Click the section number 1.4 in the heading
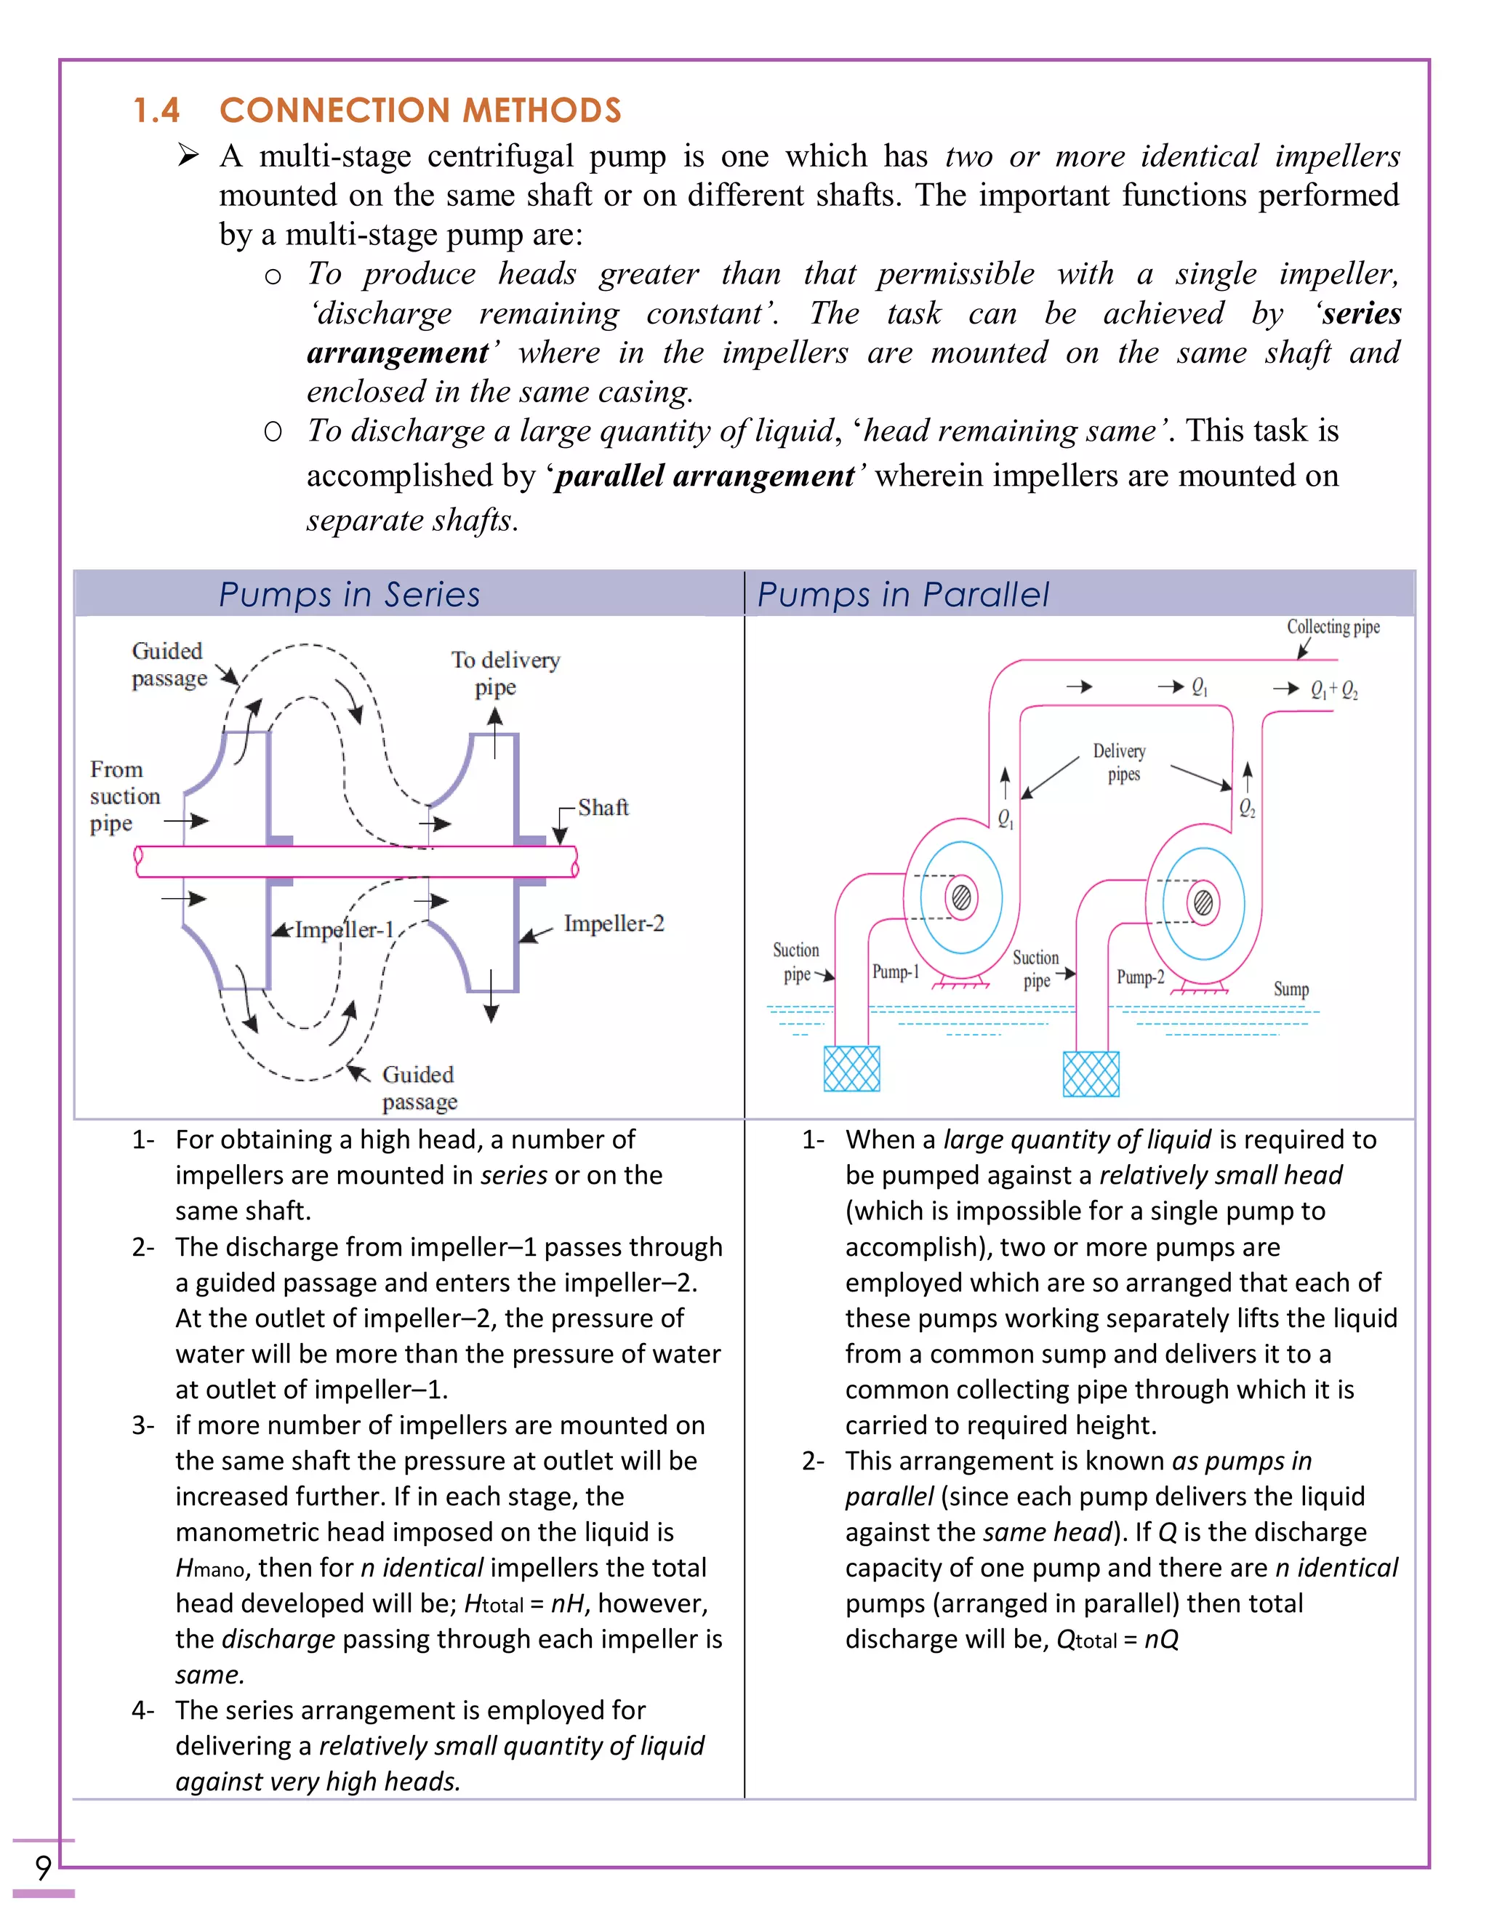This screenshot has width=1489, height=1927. click(156, 111)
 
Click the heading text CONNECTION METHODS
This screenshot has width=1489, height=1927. click(420, 111)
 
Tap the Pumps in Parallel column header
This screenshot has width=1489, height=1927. click(902, 595)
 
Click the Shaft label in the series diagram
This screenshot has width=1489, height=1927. click(603, 807)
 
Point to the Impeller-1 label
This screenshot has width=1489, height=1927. click(343, 930)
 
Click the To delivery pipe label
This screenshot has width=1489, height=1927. click(505, 673)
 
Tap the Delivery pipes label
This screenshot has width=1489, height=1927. click(1120, 761)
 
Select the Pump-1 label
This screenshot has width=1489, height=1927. click(895, 971)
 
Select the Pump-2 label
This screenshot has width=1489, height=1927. click(1140, 977)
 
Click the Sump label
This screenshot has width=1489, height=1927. click(1291, 989)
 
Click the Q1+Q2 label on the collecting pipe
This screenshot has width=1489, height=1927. click(1333, 690)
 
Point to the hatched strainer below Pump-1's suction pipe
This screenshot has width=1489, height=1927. click(851, 1068)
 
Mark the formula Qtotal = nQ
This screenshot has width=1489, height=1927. click(1117, 1639)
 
